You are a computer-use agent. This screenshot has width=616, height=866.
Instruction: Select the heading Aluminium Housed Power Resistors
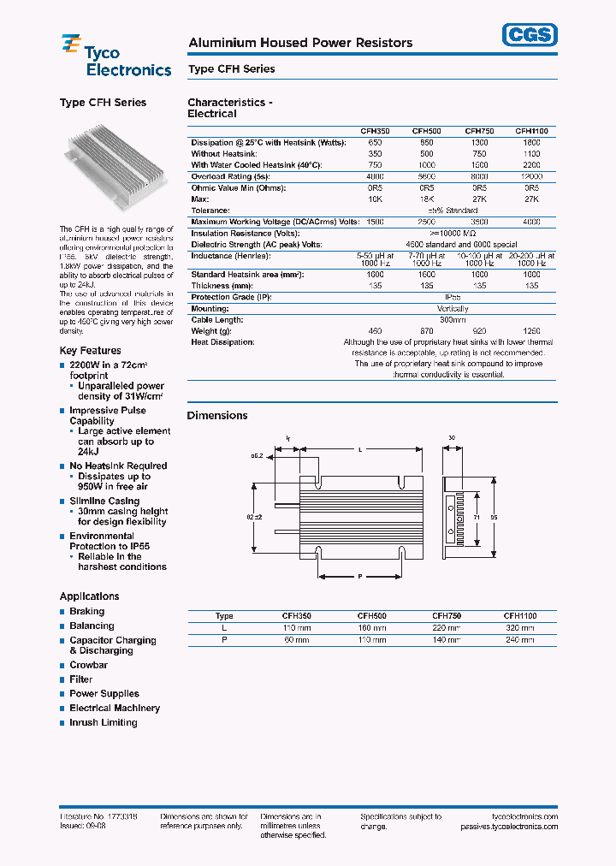[x=299, y=43]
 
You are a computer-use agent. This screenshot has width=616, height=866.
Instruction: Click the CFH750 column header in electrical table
[x=479, y=131]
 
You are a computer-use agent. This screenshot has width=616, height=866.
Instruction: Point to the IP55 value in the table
[x=453, y=297]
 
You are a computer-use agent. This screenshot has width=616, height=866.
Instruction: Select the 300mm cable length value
[x=453, y=319]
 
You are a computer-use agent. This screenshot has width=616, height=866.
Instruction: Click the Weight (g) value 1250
[x=531, y=330]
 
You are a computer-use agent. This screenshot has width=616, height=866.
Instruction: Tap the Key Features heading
[x=90, y=350]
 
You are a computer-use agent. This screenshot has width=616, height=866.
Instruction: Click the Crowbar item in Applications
[x=88, y=665]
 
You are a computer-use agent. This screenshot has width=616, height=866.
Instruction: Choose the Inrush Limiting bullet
[x=103, y=722]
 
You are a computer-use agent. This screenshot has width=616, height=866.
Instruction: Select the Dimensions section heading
[x=217, y=415]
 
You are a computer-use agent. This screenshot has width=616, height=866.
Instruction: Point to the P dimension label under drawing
[x=360, y=577]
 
